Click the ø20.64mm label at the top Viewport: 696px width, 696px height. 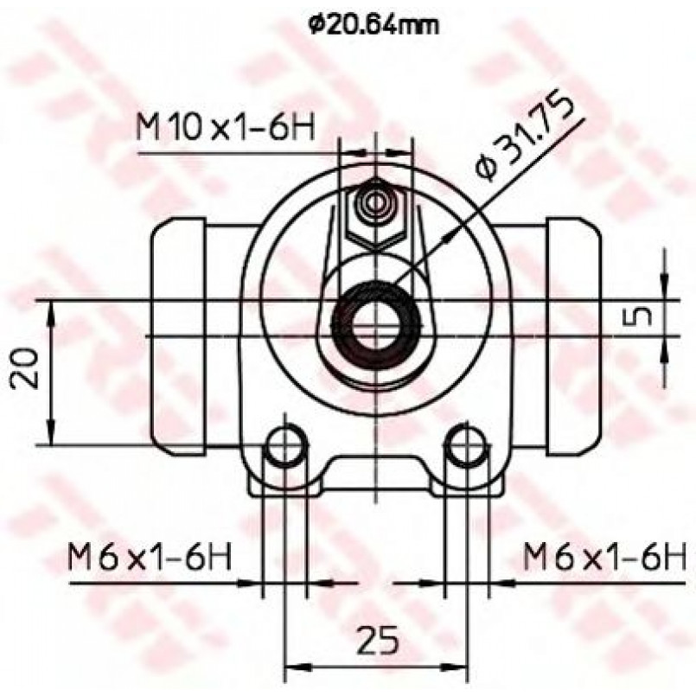click(x=374, y=26)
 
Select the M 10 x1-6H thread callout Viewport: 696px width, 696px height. click(x=225, y=127)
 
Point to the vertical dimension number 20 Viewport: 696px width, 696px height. click(x=24, y=368)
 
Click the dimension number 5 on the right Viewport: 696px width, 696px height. click(x=638, y=317)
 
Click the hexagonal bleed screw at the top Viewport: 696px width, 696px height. click(x=376, y=214)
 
